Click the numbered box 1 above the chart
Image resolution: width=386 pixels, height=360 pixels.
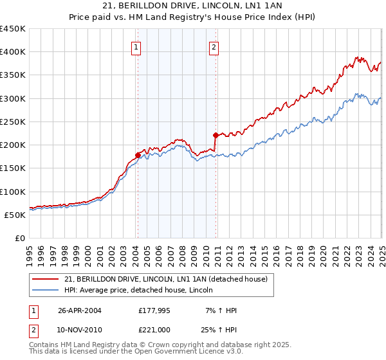pyautogui.click(x=137, y=46)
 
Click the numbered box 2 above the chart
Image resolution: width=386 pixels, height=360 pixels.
pyautogui.click(x=214, y=46)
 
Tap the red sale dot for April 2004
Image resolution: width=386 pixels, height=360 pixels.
pyautogui.click(x=138, y=155)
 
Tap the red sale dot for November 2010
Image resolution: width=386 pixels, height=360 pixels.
pyautogui.click(x=216, y=135)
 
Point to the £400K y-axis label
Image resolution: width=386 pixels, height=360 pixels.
pyautogui.click(x=13, y=52)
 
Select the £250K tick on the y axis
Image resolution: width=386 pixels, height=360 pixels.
pyautogui.click(x=13, y=122)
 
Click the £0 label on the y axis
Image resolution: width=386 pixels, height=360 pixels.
pyautogui.click(x=19, y=238)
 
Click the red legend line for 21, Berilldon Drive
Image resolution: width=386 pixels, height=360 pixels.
pyautogui.click(x=46, y=278)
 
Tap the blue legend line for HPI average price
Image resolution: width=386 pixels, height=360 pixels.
pyautogui.click(x=46, y=290)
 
